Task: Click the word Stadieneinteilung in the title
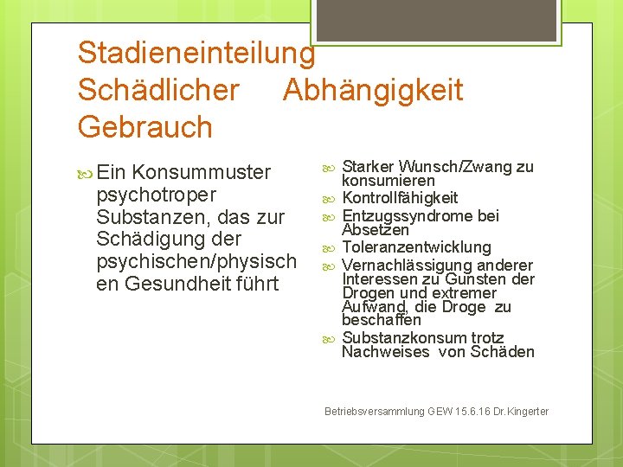[x=196, y=54]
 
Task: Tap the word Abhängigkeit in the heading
[x=373, y=90]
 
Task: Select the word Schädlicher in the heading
[x=158, y=90]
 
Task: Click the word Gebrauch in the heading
[x=145, y=127]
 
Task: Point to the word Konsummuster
[x=202, y=172]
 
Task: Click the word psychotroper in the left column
[x=157, y=195]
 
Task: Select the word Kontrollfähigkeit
[x=400, y=199]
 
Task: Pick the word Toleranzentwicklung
[x=416, y=248]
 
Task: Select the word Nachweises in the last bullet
[x=385, y=352]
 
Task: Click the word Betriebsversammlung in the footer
[x=374, y=412]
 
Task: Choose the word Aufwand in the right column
[x=370, y=308]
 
